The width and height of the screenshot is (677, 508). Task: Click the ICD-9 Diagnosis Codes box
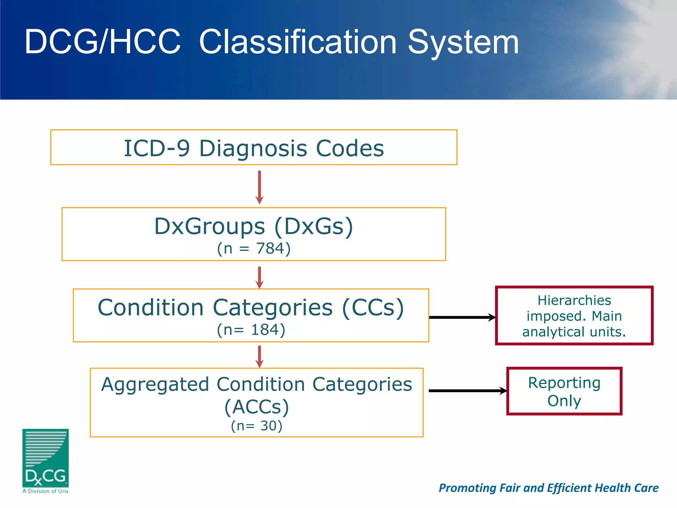(254, 148)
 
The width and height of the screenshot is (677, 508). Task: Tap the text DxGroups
(210, 227)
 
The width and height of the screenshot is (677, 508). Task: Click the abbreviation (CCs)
(373, 308)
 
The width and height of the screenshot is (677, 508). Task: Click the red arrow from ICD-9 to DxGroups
(259, 187)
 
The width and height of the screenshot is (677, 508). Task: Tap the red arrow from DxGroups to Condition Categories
(259, 277)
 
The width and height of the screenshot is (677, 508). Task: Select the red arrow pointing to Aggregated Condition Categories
(259, 357)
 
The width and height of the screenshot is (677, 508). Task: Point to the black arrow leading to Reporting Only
(467, 391)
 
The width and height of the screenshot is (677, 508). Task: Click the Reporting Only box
(564, 391)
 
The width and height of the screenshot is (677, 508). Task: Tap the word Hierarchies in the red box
(574, 300)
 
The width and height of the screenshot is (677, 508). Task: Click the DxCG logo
(45, 460)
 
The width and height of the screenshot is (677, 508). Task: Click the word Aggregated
(155, 385)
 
